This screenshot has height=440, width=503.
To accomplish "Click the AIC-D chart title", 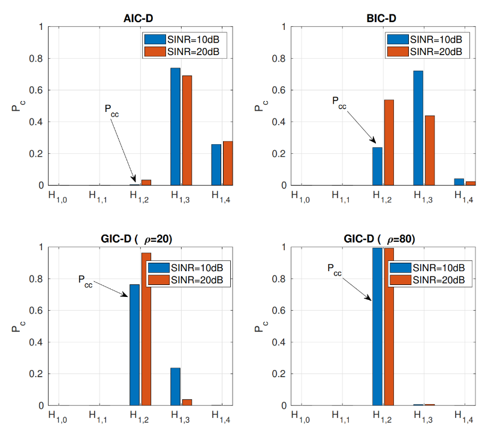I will [137, 18].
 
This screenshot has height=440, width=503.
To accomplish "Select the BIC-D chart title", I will [381, 18].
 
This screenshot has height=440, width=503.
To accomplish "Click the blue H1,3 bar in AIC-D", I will [176, 127].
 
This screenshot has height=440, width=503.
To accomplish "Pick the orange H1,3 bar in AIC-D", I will [187, 131].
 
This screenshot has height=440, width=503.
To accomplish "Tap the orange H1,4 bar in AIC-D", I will [228, 163].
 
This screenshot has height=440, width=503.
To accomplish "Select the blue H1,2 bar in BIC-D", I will [377, 166].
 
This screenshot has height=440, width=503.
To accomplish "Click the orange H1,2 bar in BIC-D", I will [388, 142].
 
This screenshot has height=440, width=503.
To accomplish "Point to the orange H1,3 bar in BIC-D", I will [429, 150].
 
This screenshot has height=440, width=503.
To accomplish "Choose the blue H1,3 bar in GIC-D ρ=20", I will [176, 387].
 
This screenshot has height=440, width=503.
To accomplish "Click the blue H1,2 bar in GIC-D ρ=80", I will [377, 327].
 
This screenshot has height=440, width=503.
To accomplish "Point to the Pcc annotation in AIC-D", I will [112, 110].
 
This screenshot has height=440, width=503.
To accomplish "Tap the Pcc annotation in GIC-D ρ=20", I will [85, 280].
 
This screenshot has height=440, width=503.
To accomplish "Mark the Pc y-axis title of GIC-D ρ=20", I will [16, 327].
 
